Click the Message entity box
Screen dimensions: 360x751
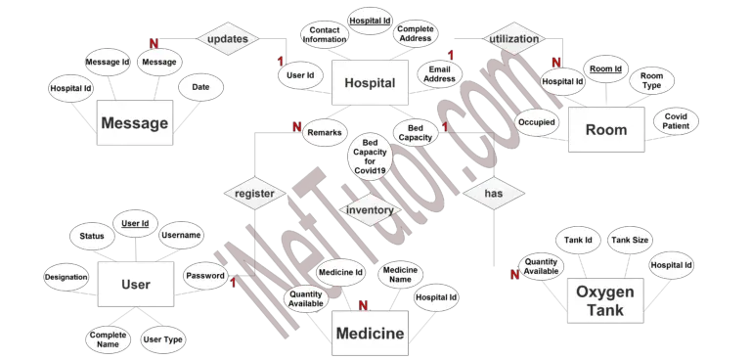[135, 124]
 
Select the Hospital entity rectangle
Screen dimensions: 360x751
[371, 83]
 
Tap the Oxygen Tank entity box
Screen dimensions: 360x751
[605, 300]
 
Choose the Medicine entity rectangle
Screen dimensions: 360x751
[370, 334]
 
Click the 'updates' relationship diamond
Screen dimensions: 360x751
[227, 39]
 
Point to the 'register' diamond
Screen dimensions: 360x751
[254, 194]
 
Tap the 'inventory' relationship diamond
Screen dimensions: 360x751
[371, 209]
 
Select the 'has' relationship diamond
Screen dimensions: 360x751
[493, 195]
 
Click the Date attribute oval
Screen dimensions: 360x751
[200, 87]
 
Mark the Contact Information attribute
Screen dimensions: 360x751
[325, 35]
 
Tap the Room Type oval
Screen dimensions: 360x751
[651, 80]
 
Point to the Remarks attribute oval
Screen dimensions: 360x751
[323, 132]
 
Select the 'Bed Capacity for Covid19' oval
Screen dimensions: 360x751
[370, 155]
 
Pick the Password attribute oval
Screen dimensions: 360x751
[205, 276]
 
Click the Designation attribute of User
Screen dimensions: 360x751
[66, 278]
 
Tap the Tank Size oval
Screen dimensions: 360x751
[630, 239]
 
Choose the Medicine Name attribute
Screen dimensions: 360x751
[399, 275]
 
